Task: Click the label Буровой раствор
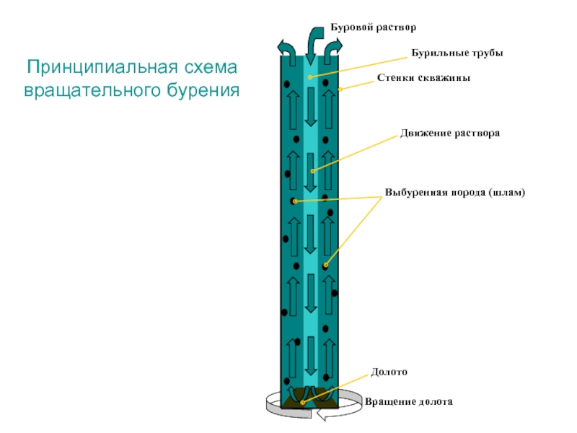pyautogui.click(x=373, y=27)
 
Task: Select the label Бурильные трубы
pyautogui.click(x=457, y=53)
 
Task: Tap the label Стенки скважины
pyautogui.click(x=423, y=78)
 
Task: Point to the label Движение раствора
pyautogui.click(x=450, y=133)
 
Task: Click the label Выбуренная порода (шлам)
pyautogui.click(x=455, y=192)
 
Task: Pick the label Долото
pyautogui.click(x=389, y=372)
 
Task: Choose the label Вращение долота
pyautogui.click(x=408, y=401)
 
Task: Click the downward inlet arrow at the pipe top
pyautogui.click(x=314, y=45)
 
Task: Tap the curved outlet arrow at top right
pyautogui.click(x=332, y=51)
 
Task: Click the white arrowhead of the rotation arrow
pyautogui.click(x=321, y=414)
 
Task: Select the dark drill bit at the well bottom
pyautogui.click(x=309, y=398)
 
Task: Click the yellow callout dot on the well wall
pyautogui.click(x=340, y=89)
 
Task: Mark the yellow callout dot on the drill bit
pyautogui.click(x=302, y=403)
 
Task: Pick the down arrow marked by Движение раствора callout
pyautogui.click(x=311, y=172)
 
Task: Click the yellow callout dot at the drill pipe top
pyautogui.click(x=310, y=77)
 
